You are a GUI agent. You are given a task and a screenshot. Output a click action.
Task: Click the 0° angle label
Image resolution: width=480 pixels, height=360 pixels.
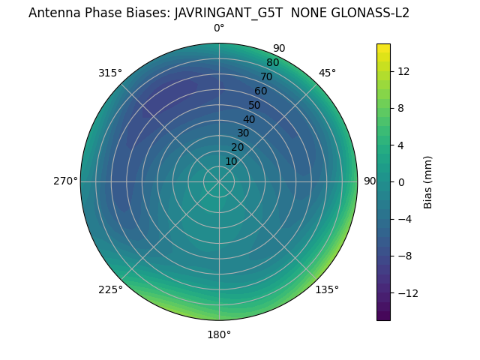pos(219,28)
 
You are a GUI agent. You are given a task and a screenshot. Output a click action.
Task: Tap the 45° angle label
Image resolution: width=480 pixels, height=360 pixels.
pos(327,73)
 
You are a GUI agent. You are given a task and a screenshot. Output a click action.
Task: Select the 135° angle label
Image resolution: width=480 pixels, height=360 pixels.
pos(327,289)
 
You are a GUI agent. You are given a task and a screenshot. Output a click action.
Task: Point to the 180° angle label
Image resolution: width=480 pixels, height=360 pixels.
pos(219,334)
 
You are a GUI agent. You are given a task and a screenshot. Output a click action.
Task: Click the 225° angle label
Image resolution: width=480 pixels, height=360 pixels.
pos(110,289)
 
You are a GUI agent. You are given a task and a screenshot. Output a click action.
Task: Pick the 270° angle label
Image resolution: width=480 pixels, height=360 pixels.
pos(65,181)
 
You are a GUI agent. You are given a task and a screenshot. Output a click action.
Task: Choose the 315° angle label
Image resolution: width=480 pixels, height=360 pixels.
pos(110,73)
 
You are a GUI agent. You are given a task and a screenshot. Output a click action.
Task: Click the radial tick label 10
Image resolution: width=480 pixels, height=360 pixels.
pos(232,161)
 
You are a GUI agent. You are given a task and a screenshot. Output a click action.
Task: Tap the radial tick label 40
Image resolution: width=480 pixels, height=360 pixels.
pos(249,119)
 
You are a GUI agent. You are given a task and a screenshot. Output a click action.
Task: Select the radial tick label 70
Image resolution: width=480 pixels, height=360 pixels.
pos(266,76)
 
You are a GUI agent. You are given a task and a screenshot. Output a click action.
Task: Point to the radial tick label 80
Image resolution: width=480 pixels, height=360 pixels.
pos(272,63)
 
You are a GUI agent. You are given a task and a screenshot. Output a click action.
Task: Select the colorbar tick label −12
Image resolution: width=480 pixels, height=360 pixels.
pos(407,292)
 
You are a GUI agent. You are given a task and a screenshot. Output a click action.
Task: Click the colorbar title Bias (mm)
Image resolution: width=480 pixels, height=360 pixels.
pos(428,181)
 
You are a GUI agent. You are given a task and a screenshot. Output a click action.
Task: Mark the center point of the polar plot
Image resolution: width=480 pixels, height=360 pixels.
pos(219,181)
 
